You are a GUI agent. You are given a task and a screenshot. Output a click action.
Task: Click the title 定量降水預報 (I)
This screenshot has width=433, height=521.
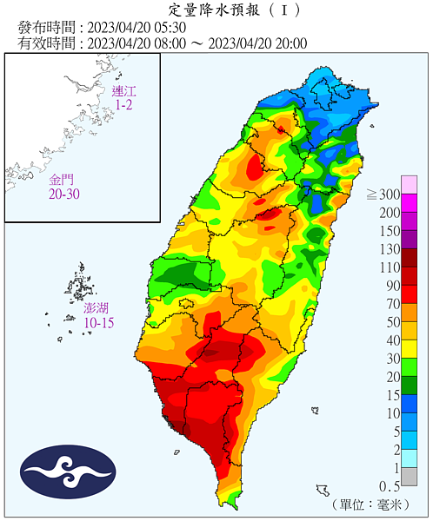click(216, 11)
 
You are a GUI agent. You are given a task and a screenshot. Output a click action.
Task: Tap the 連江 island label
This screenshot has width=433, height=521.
click(124, 91)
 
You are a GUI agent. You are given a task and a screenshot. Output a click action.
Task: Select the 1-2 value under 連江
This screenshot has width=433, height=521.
click(124, 105)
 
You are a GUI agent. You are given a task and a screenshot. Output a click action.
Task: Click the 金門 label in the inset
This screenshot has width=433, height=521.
click(61, 180)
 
